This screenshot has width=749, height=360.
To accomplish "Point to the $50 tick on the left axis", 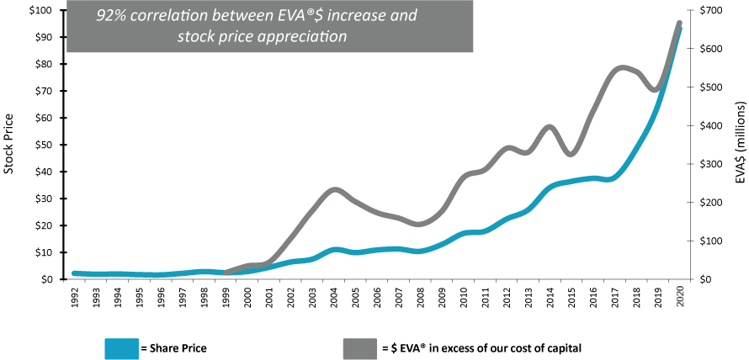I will (45, 145).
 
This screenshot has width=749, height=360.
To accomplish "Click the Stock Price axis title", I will (9, 145).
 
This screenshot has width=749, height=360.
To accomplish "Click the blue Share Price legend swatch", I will (121, 347).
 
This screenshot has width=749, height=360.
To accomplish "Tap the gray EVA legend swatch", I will (359, 347).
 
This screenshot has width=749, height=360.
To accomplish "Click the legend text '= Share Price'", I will (173, 347).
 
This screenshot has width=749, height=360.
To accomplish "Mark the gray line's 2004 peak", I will (335, 189).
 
